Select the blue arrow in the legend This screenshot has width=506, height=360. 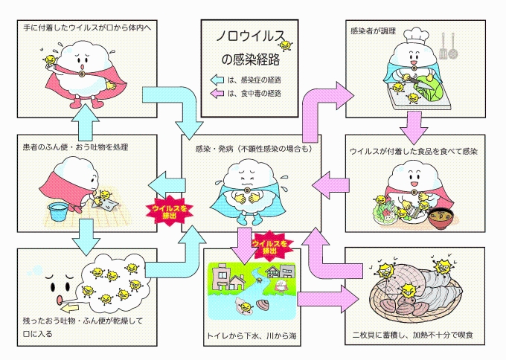click(x=217, y=79)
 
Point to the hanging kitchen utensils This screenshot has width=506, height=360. click(x=448, y=46)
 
